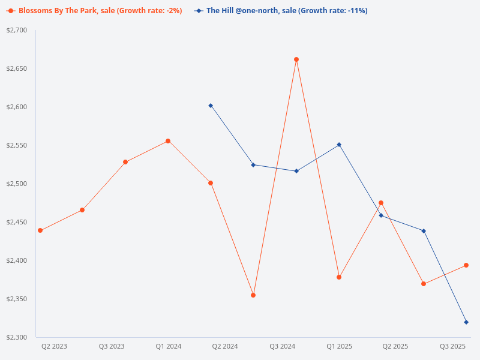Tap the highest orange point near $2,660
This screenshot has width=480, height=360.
[296, 59]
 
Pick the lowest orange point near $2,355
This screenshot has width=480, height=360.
[253, 295]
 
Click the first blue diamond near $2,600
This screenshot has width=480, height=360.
[211, 106]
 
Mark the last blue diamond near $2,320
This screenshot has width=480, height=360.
[466, 322]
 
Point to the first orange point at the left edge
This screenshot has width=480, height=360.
[40, 230]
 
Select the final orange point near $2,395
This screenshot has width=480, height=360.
[466, 265]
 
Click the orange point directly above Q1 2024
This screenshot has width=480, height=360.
[168, 141]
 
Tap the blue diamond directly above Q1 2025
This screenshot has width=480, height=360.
[339, 145]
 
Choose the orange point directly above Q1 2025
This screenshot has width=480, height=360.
[339, 277]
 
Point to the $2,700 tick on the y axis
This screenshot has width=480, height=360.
[17, 30]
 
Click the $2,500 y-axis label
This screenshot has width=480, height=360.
[17, 184]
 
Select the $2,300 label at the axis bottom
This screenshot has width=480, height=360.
[17, 337]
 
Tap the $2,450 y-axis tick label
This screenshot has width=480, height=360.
[17, 222]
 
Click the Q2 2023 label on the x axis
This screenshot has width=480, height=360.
[54, 346]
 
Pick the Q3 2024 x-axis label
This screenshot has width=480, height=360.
[282, 346]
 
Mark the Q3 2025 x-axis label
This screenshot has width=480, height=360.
[453, 346]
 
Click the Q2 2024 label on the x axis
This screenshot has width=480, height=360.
[225, 346]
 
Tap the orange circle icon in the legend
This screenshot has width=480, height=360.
[10, 11]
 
